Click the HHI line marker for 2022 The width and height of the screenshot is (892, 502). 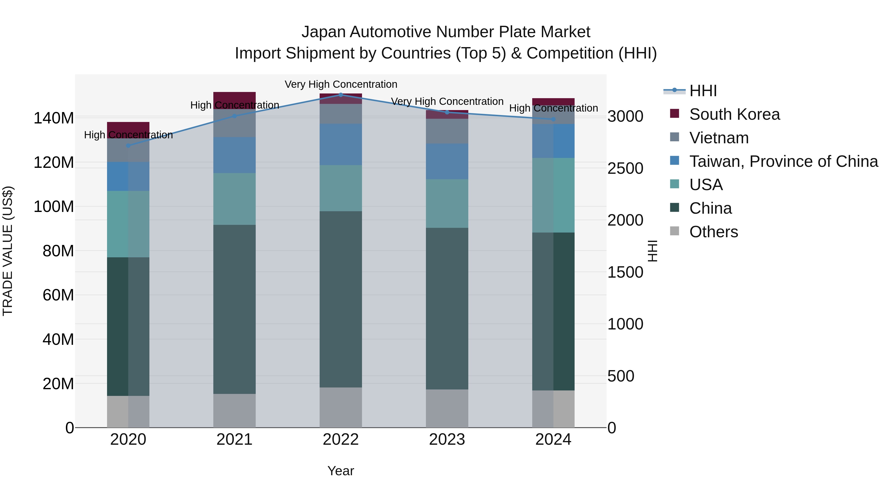coord(341,95)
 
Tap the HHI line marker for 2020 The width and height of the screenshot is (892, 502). coord(128,146)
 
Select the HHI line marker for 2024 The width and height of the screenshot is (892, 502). coord(553,119)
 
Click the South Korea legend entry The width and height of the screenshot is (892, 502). coord(734,114)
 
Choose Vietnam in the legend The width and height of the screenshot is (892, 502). coord(719,138)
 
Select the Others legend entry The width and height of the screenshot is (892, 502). coord(713,232)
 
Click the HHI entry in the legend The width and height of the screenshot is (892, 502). coord(703,91)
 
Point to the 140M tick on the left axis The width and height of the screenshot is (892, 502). coord(54,118)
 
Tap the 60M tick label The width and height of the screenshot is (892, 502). coord(58,295)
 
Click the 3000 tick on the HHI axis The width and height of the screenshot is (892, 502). coord(625,117)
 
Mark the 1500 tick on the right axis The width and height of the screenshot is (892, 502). coord(625,272)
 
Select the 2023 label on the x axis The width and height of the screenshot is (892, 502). coord(447,440)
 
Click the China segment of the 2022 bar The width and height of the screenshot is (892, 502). coord(341,299)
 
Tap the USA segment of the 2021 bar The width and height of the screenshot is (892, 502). coord(234,199)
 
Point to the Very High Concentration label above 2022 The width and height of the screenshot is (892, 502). coord(341,84)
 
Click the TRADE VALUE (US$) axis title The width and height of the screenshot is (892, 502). coord(8,251)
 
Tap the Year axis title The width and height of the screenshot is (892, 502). coord(341,471)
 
